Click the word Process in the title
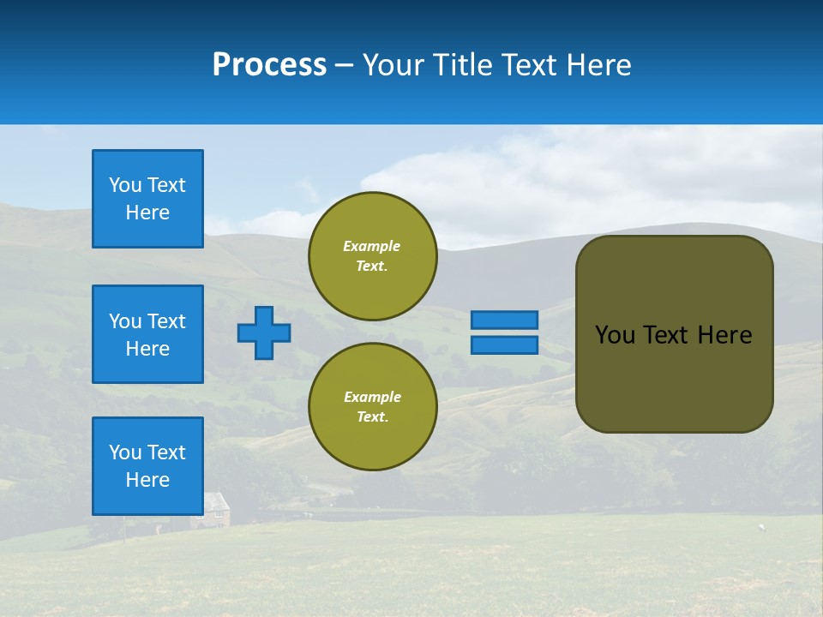[269, 65]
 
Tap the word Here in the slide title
[599, 65]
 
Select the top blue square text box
[147, 199]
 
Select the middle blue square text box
[147, 334]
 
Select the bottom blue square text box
[147, 466]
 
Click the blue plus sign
[264, 332]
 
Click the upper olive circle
[373, 255]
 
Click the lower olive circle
[373, 406]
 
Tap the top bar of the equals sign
[504, 320]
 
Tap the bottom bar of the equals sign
[504, 345]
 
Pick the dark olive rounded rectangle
[674, 377]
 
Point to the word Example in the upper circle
[372, 246]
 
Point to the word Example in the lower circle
[372, 397]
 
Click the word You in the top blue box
[123, 185]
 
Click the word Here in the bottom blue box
[147, 480]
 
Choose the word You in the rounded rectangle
[614, 335]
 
